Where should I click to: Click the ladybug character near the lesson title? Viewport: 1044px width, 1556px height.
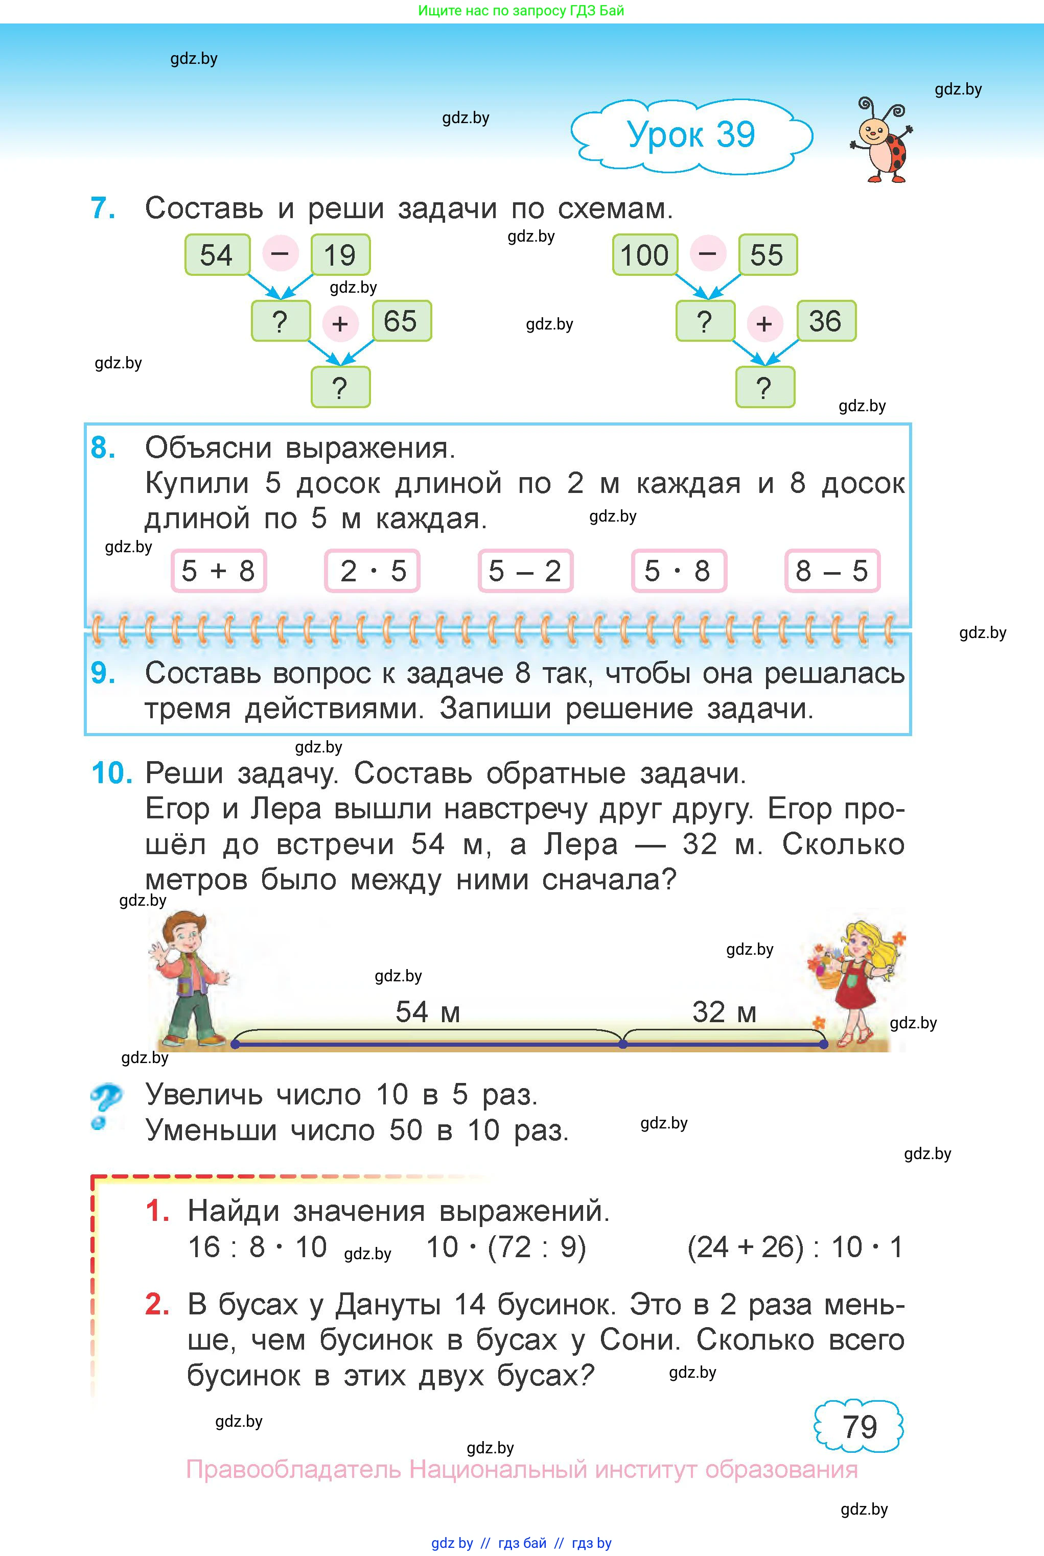pos(881,140)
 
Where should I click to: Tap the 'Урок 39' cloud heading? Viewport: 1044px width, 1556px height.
pos(691,135)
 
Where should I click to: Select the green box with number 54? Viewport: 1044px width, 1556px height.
pos(217,255)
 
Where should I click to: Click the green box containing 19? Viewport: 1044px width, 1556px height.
pos(340,255)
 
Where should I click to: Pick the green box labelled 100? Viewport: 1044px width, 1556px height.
pos(644,255)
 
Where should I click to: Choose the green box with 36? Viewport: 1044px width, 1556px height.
pos(826,321)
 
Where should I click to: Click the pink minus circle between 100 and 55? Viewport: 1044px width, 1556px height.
pos(707,253)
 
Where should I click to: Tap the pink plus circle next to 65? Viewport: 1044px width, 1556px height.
pos(340,323)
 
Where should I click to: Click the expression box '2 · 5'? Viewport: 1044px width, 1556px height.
pos(372,571)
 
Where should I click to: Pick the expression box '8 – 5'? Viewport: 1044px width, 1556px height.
pos(832,571)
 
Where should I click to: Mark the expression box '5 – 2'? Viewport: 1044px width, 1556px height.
pos(525,571)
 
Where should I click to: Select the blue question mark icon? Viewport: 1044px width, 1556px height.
pos(106,1107)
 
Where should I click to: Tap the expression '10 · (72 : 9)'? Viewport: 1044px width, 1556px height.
pos(506,1247)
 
